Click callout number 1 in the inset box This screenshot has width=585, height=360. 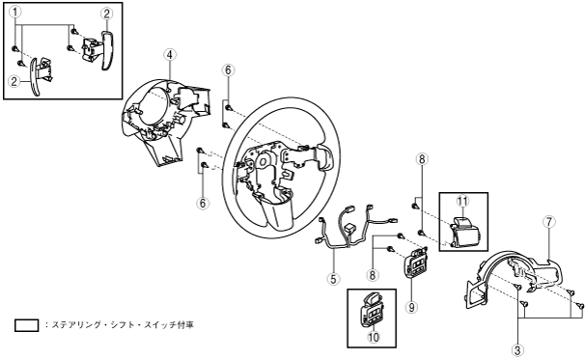point(15,13)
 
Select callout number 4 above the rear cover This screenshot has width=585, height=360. point(170,55)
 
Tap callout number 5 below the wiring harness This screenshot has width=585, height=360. point(333,279)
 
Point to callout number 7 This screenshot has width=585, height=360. point(549,222)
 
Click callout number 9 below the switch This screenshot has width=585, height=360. point(411,307)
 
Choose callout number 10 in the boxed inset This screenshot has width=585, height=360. point(374,337)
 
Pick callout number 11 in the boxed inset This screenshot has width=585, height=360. point(462,201)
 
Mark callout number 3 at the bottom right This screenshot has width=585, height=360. point(517,350)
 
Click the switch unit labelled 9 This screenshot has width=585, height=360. point(415,262)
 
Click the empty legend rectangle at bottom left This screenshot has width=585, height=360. point(26,325)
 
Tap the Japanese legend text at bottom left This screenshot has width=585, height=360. point(120,325)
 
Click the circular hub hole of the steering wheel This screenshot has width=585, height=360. point(263,161)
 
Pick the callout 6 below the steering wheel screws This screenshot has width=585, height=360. point(203,204)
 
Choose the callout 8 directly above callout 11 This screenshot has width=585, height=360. point(422,159)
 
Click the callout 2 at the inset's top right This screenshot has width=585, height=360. point(106,14)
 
